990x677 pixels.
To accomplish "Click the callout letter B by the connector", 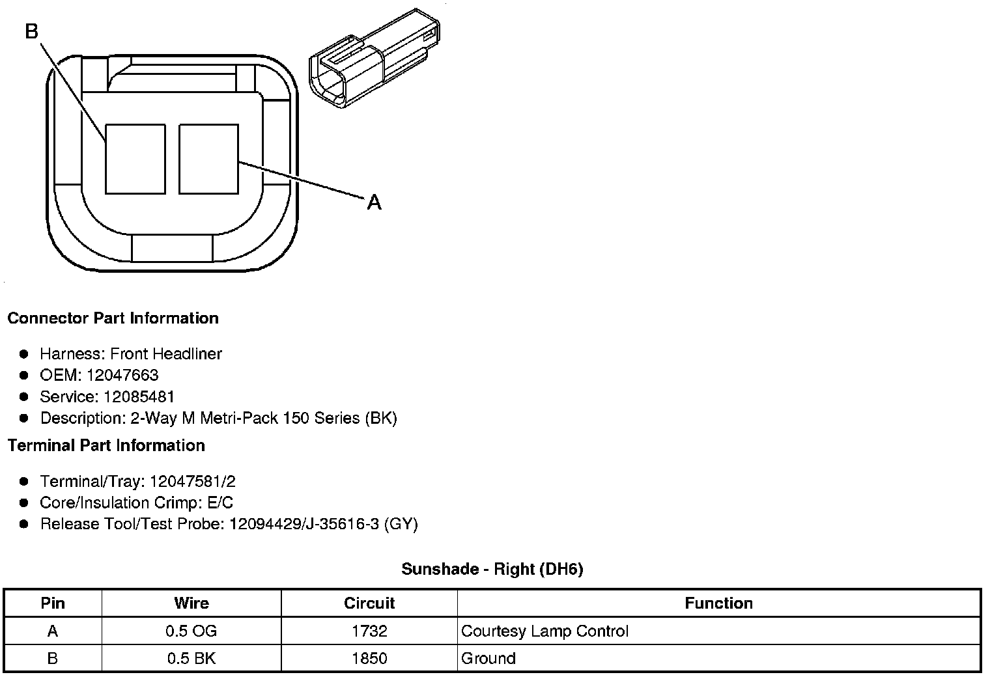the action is [32, 31].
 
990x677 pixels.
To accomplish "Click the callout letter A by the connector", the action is [375, 202].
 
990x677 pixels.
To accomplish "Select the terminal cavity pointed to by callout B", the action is [135, 159].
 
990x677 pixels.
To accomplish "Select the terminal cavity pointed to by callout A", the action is [208, 159].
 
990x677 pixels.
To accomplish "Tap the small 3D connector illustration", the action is [375, 58].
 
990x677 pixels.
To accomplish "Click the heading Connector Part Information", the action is [113, 318].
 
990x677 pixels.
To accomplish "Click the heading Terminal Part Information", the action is [107, 445].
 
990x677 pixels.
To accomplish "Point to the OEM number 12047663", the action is [122, 375].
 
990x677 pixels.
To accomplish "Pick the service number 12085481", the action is [138, 396].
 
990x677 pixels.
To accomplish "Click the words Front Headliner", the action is [166, 353].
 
